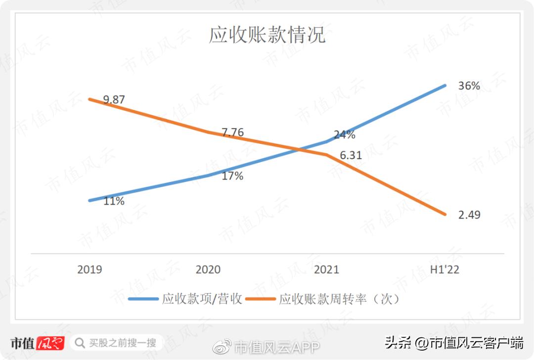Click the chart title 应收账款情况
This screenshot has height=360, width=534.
[x=267, y=36]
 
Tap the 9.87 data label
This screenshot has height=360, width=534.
[x=114, y=100]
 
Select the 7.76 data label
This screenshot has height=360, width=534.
[x=233, y=133]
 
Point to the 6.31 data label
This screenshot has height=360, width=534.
[x=351, y=155]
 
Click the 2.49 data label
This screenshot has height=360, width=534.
[x=469, y=215]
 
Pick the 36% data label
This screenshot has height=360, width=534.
[x=469, y=86]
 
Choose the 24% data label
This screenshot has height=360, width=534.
[x=344, y=135]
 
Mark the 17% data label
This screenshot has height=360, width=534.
[x=232, y=176]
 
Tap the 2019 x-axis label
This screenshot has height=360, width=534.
[x=89, y=270]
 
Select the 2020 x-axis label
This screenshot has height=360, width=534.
[x=208, y=270]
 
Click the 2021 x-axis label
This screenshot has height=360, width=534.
[x=327, y=270]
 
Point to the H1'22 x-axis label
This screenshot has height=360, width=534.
[x=445, y=270]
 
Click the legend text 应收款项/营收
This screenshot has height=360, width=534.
[x=202, y=299]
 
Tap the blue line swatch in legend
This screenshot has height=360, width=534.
[x=143, y=299]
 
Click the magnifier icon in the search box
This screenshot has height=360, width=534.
[x=80, y=342]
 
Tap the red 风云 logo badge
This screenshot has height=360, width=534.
[x=50, y=343]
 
